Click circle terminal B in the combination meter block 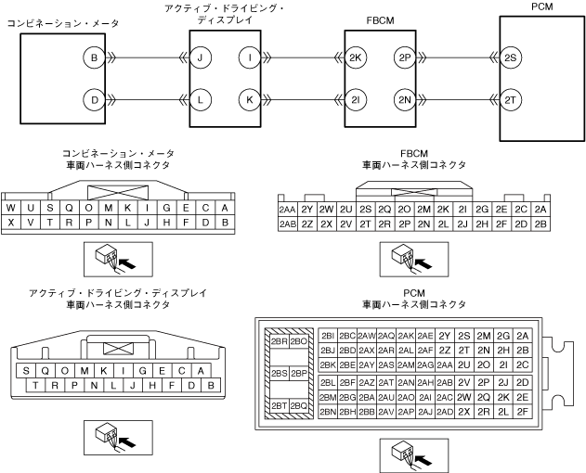tap(94, 58)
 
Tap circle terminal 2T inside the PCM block tap(511, 98)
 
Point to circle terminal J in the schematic tap(200, 58)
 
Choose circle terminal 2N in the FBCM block tap(404, 98)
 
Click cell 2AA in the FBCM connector tap(288, 210)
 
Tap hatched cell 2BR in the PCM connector tap(278, 340)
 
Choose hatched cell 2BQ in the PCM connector tap(298, 405)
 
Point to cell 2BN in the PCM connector tap(327, 411)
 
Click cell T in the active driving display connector tap(36, 385)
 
